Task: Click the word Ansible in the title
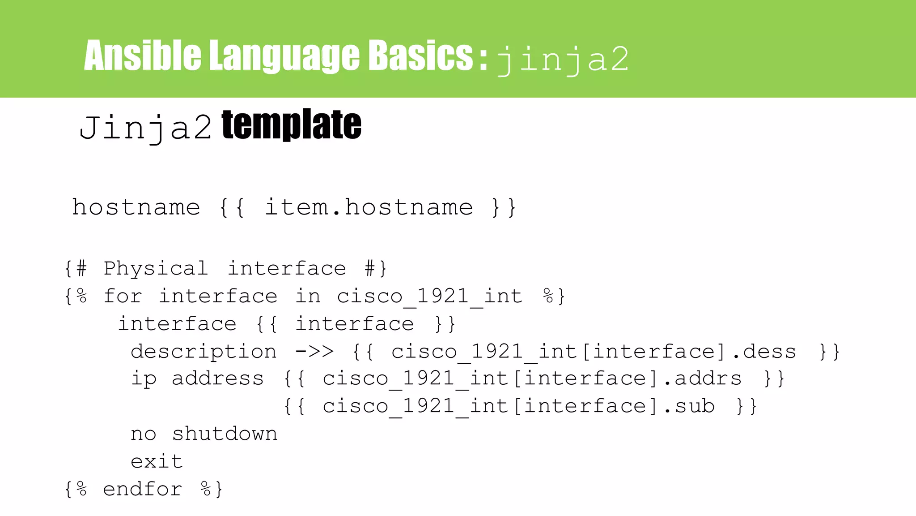tap(142, 56)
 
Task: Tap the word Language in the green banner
tap(284, 56)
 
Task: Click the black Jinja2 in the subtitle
tap(145, 128)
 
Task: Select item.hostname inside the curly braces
tap(369, 207)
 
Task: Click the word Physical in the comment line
tap(156, 269)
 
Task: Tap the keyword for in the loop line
tap(123, 297)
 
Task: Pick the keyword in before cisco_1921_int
tap(308, 297)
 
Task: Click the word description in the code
tap(204, 352)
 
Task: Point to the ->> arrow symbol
tap(314, 352)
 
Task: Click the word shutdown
tap(225, 434)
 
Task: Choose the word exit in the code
tap(157, 461)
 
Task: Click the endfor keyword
tap(142, 489)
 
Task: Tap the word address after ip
tap(218, 379)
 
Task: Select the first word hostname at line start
tap(136, 207)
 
